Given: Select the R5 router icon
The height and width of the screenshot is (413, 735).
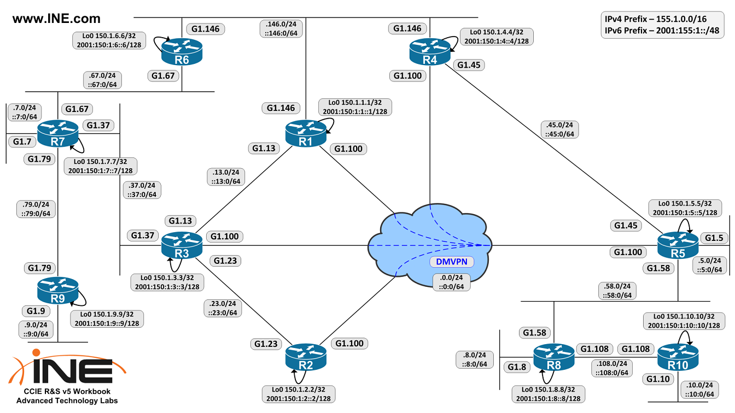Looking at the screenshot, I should tap(678, 244).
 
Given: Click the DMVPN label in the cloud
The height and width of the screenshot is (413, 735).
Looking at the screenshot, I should tap(451, 262).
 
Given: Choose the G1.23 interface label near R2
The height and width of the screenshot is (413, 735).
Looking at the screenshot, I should tap(267, 344).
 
